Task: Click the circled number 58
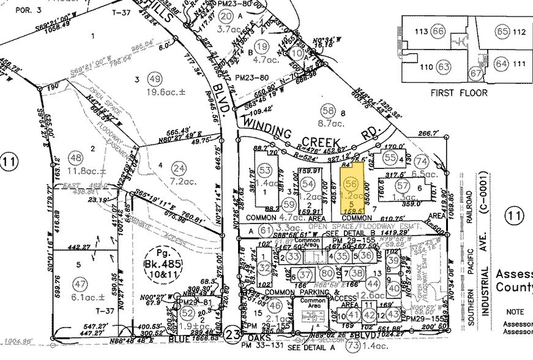329,110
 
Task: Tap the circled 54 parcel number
308,184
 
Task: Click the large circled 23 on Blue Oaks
231,336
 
